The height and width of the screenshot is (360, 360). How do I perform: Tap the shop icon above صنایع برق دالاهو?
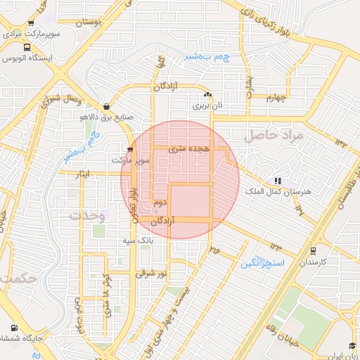click(x=106, y=106)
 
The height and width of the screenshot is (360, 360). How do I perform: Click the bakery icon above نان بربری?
click(x=207, y=96)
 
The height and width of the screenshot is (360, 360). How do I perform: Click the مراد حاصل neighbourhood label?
click(x=274, y=136)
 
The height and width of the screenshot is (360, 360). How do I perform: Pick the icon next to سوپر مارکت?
click(x=130, y=149)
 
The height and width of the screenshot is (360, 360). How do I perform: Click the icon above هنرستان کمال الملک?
click(x=277, y=181)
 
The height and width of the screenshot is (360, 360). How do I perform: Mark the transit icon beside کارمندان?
click(x=313, y=250)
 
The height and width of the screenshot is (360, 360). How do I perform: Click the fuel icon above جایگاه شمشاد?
click(x=15, y=328)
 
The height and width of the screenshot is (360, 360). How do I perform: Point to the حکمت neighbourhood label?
click(x=18, y=278)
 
